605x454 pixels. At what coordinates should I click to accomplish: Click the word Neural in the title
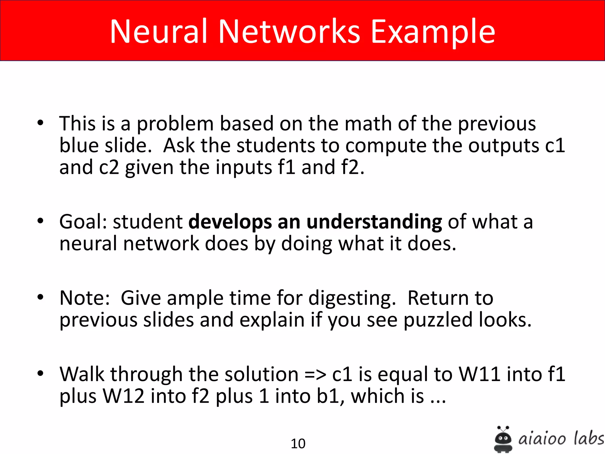tap(158, 31)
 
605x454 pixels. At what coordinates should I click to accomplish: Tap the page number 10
tap(298, 443)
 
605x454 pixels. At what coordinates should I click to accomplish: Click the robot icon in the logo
tap(503, 439)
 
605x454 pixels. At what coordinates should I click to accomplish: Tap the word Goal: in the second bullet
tap(83, 222)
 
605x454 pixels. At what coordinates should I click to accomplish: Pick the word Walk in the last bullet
tap(82, 374)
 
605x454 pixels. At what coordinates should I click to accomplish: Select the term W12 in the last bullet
tap(123, 396)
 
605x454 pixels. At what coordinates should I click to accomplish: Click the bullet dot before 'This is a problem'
tap(40, 123)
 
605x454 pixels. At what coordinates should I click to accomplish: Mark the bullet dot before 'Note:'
tap(40, 297)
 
